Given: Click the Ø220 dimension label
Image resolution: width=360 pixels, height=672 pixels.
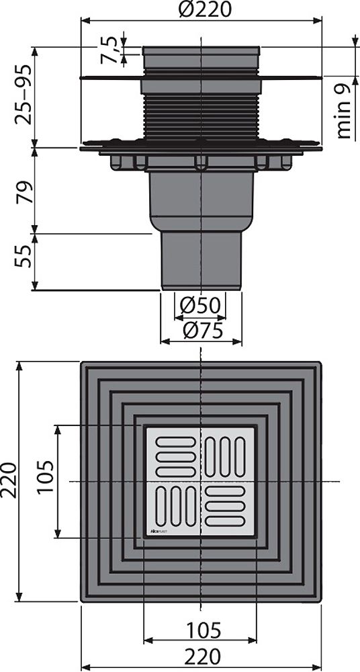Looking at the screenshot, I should click(200, 10).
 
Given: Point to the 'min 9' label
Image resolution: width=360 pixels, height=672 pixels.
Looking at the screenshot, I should click(345, 111).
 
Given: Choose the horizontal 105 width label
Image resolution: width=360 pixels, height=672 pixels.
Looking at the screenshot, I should click(201, 630).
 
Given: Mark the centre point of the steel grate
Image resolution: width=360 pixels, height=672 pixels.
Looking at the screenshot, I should click(201, 482).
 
